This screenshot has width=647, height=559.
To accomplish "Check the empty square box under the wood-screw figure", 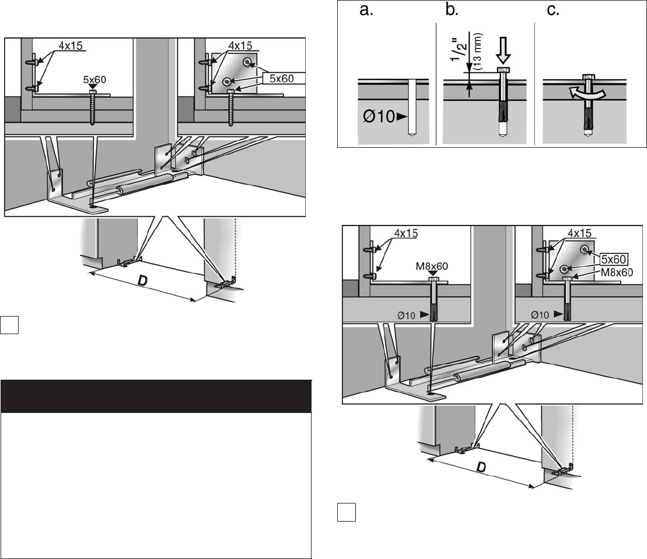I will coord(11,324).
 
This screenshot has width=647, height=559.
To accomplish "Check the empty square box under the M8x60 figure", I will coord(345,512).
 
